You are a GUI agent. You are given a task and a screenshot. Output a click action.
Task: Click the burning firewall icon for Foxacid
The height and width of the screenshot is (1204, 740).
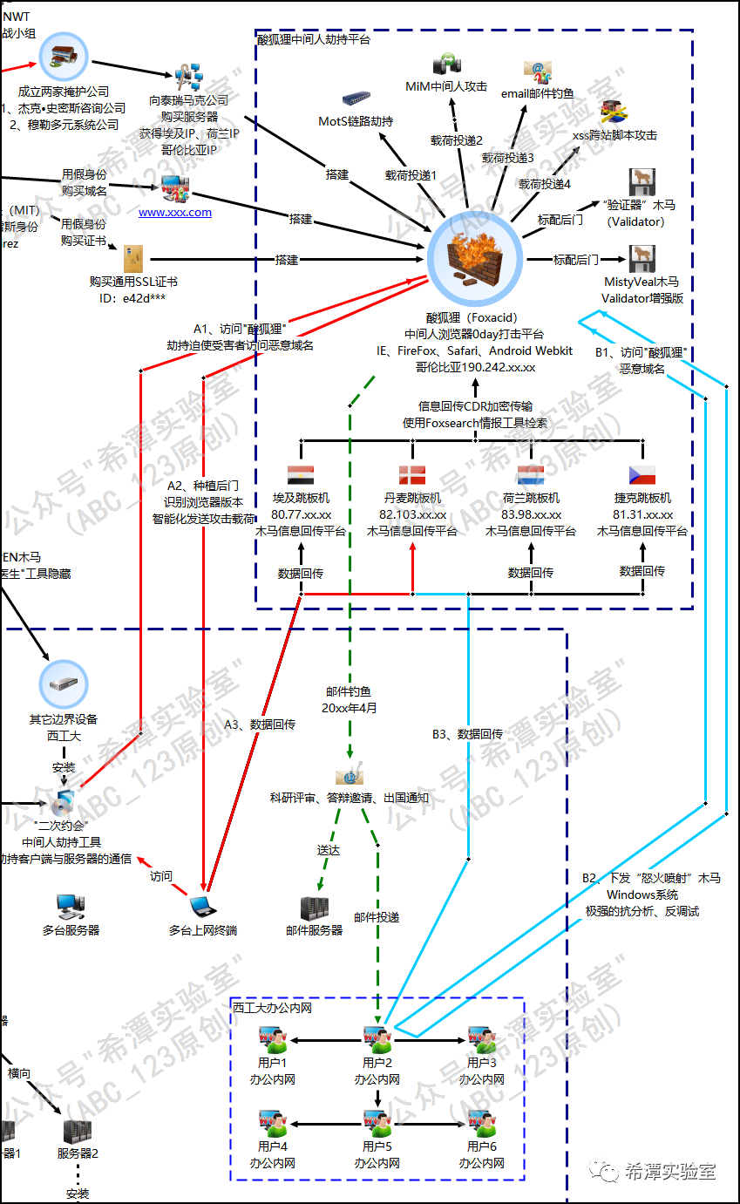(474, 259)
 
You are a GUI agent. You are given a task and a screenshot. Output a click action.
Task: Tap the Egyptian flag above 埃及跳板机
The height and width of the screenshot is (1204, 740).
(301, 475)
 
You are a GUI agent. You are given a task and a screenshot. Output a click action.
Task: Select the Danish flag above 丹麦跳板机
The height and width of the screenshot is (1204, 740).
(412, 475)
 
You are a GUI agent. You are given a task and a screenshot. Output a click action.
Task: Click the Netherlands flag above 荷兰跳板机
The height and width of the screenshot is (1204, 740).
(531, 475)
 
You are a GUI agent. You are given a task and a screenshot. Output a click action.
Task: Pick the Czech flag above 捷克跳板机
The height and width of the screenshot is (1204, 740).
(642, 475)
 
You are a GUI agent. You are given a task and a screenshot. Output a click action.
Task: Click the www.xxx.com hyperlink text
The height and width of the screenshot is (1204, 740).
(175, 212)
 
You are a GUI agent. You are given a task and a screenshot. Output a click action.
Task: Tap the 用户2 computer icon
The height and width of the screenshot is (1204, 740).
(377, 1039)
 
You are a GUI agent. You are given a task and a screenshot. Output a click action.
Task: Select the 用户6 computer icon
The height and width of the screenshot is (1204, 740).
(482, 1122)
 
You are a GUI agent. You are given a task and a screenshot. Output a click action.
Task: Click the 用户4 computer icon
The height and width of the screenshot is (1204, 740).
(273, 1122)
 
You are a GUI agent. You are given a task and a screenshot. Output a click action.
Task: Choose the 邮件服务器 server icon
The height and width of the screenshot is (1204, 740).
(314, 908)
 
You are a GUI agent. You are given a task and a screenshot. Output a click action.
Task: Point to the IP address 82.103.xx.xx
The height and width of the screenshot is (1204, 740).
(412, 514)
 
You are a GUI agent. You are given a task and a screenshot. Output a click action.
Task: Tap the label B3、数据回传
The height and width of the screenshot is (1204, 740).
(467, 734)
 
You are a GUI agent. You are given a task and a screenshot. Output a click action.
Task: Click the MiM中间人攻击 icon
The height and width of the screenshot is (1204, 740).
(446, 66)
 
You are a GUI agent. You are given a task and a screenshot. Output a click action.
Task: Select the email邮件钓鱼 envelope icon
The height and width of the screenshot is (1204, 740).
(538, 71)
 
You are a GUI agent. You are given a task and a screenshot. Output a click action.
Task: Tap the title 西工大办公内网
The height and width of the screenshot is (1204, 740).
(272, 1007)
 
